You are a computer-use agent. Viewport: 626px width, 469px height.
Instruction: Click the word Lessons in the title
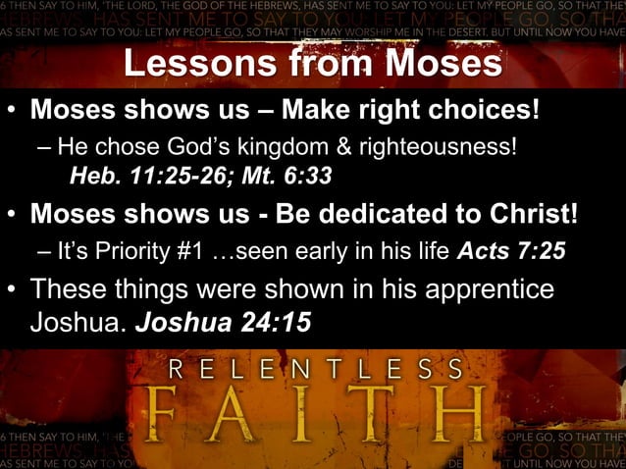pos(191,64)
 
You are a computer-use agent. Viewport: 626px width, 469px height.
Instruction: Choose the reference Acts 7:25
pos(511,250)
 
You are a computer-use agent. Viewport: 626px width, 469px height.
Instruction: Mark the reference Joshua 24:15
pos(225,321)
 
